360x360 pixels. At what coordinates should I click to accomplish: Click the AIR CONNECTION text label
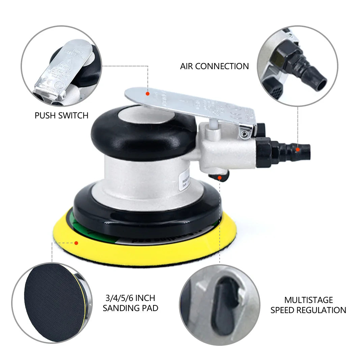(214, 66)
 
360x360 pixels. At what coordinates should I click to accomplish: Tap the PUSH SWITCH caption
(61, 115)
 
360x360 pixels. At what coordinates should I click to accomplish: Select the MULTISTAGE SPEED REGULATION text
(308, 305)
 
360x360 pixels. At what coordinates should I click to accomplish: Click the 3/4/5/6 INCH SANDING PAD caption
(130, 303)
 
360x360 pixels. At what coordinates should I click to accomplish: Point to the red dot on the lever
(147, 93)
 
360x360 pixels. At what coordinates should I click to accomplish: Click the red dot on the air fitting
(298, 149)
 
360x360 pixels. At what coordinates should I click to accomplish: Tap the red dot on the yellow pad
(76, 243)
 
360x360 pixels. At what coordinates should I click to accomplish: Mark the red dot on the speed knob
(219, 177)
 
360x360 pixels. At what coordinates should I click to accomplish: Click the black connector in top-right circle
(300, 67)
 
